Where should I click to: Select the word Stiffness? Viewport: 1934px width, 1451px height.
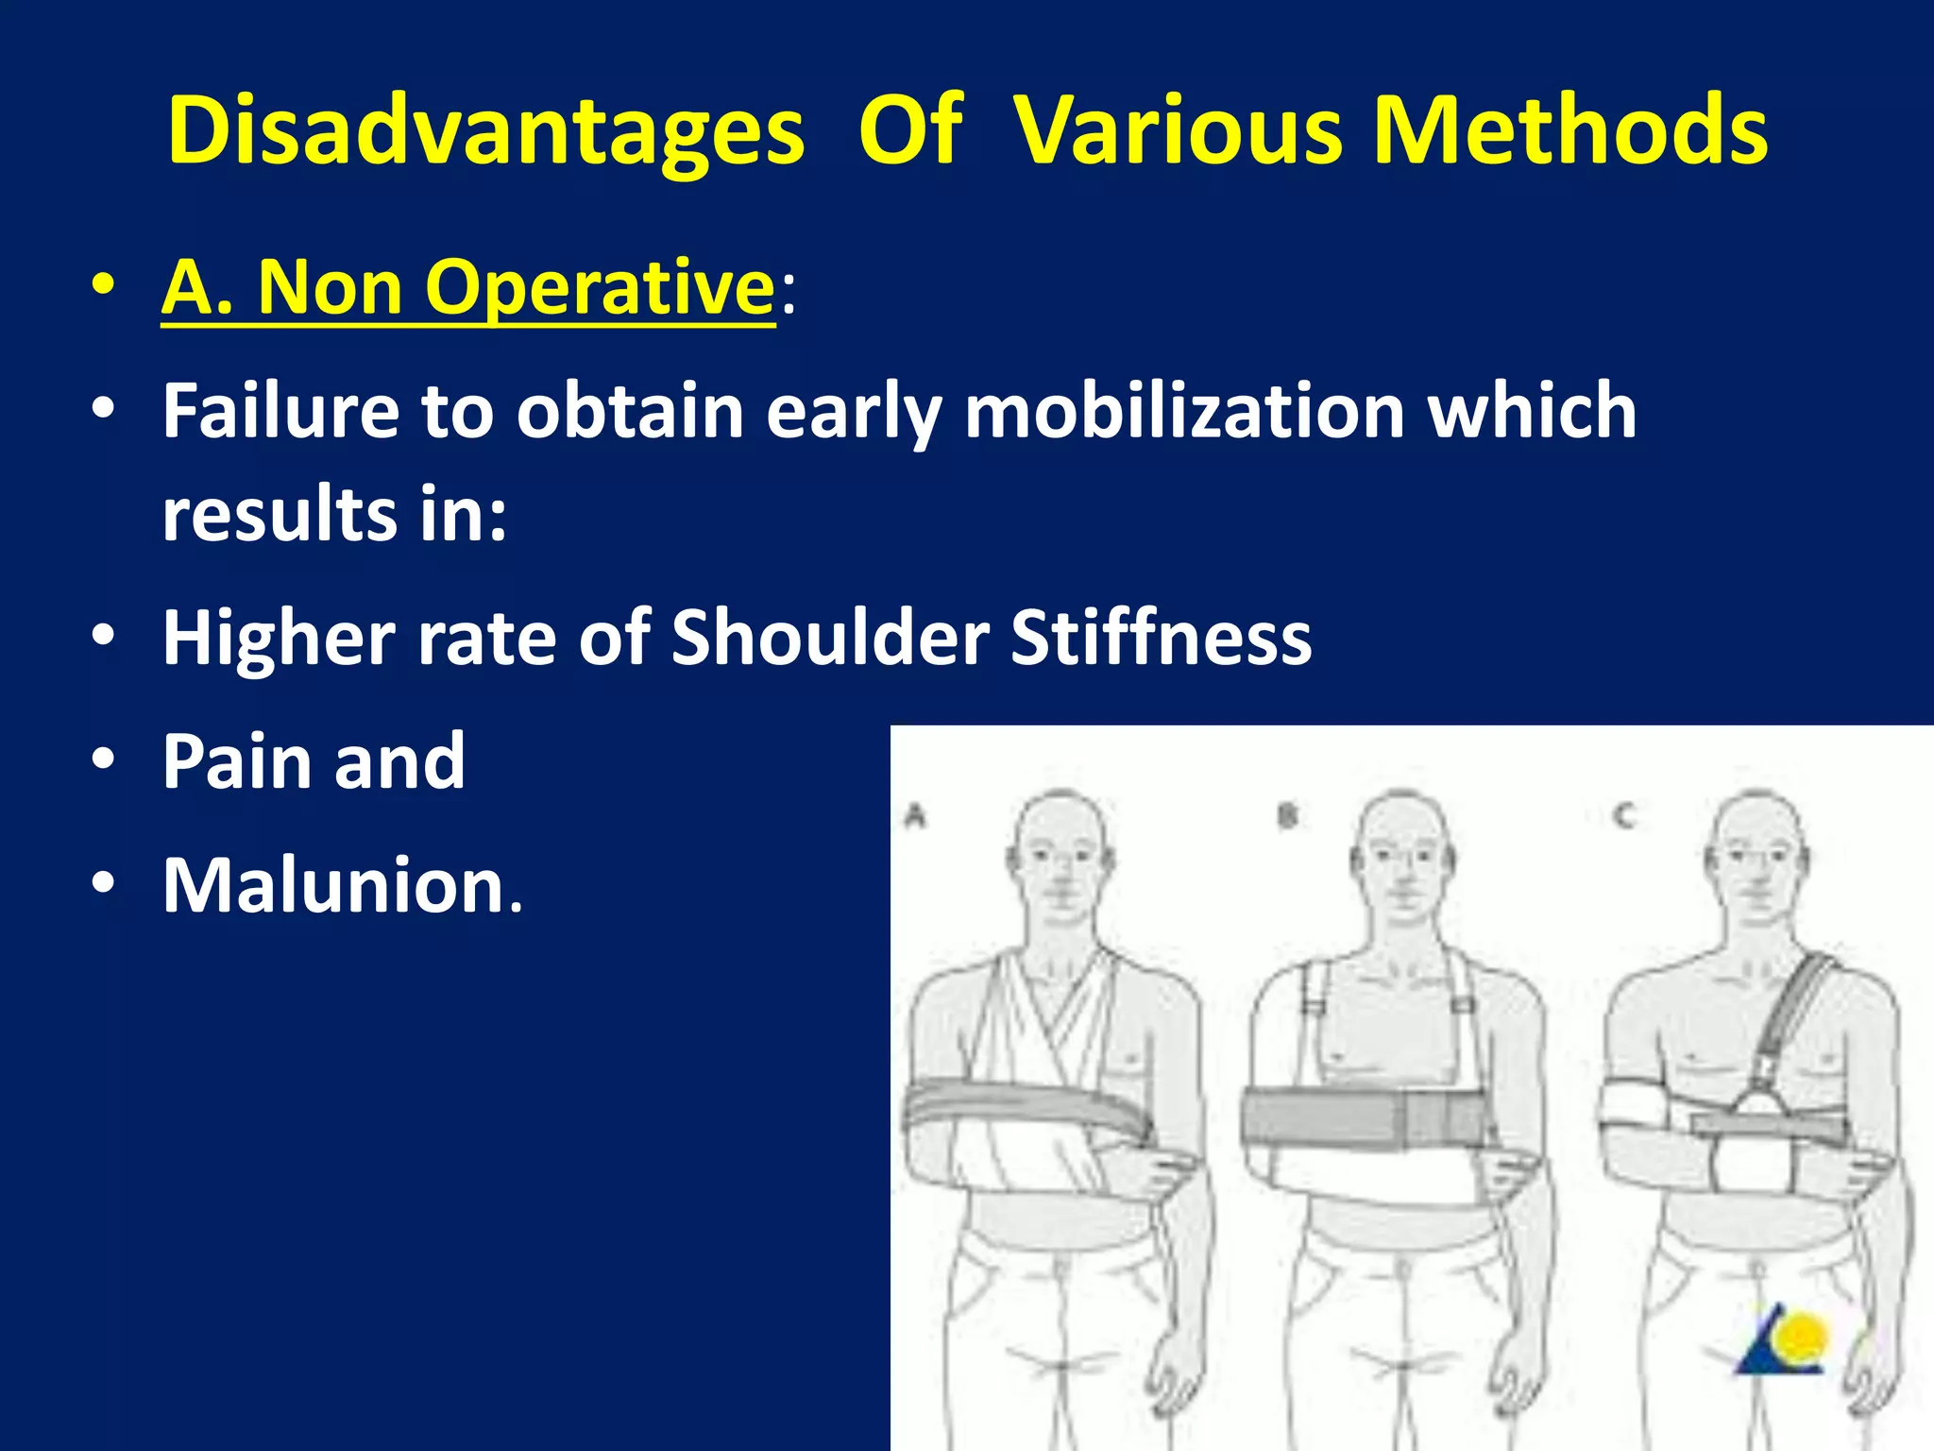[1161, 638]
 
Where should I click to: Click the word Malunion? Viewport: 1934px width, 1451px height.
[342, 885]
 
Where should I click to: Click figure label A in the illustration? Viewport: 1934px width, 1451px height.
[915, 816]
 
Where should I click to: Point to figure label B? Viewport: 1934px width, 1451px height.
[1287, 816]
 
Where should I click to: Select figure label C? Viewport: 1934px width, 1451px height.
[1623, 816]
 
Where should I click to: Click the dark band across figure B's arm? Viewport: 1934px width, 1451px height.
[1360, 1119]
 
